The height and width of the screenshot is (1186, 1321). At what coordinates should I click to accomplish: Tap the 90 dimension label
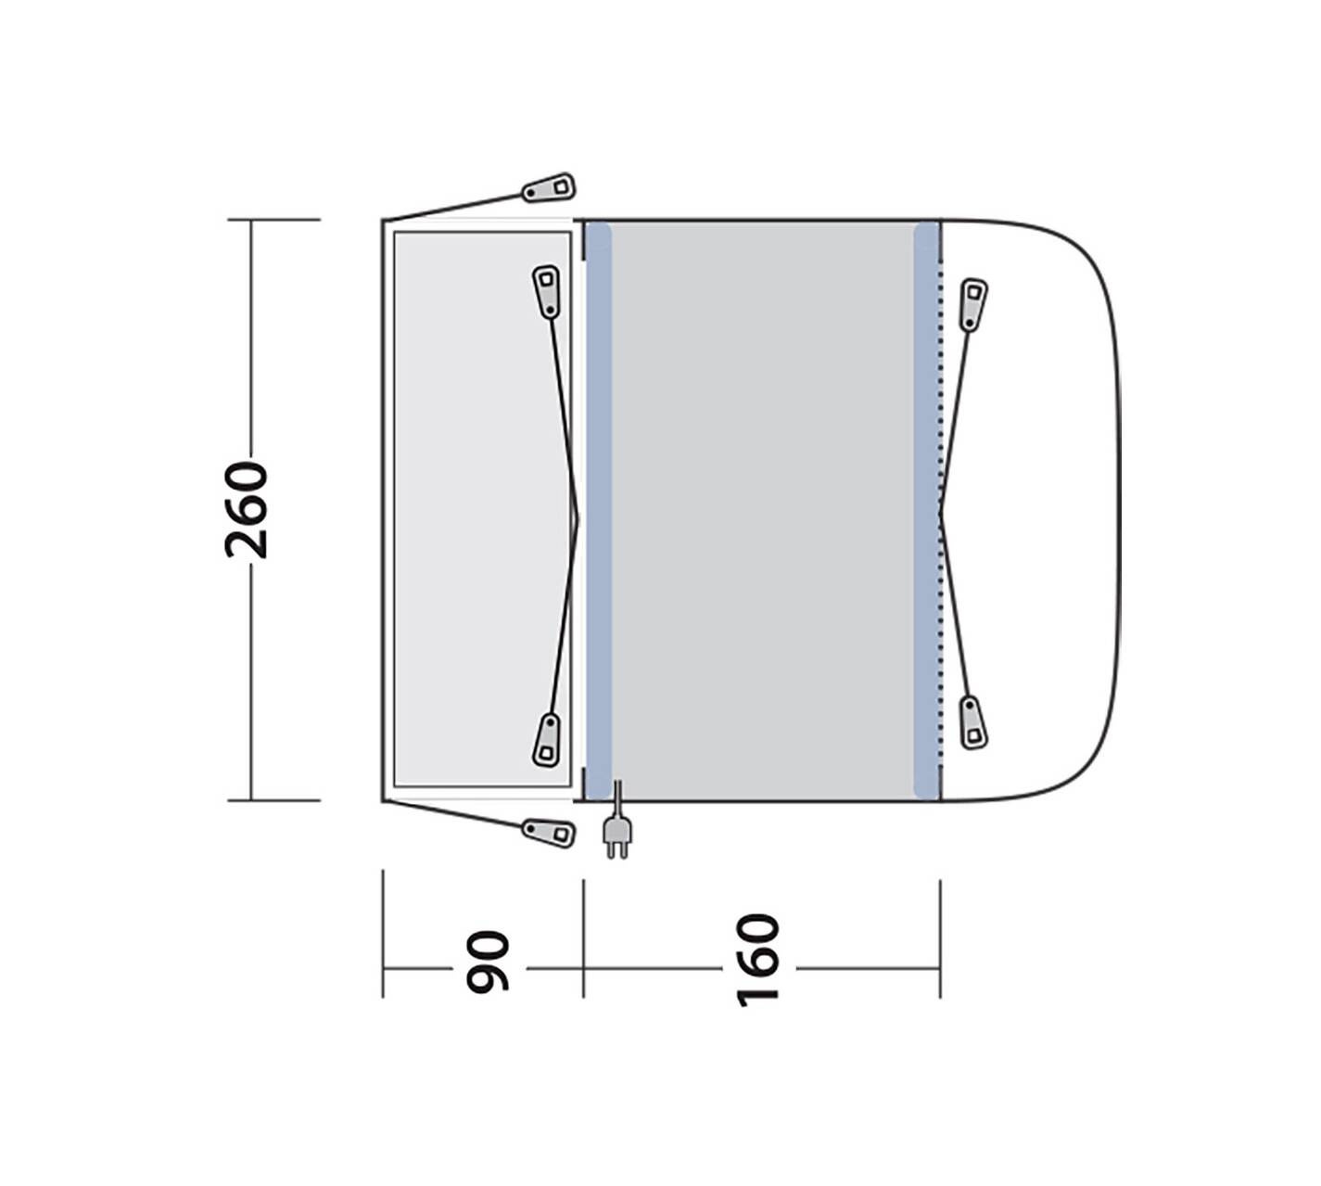(487, 962)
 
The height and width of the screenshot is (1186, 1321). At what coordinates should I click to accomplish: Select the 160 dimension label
(757, 961)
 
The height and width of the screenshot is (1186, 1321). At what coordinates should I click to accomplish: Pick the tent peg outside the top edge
(549, 187)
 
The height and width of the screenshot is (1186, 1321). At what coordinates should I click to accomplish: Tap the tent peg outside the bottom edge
(549, 833)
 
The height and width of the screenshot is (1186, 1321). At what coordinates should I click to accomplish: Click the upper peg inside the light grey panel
(546, 291)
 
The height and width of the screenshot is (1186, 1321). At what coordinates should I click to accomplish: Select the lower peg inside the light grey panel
(546, 739)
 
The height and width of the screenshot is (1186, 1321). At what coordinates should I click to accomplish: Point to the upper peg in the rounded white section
(972, 305)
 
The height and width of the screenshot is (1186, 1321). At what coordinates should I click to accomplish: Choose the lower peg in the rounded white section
(972, 722)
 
